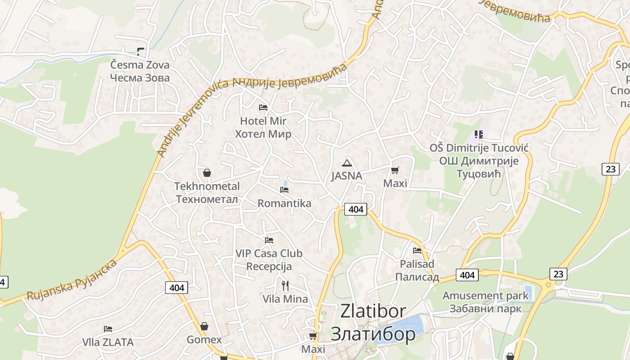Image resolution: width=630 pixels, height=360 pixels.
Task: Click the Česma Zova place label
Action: (x=140, y=71)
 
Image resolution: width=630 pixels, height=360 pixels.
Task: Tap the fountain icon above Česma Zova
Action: (x=141, y=52)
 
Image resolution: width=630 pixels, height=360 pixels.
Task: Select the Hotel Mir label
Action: (x=263, y=127)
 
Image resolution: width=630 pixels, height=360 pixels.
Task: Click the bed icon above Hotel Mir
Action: (x=263, y=107)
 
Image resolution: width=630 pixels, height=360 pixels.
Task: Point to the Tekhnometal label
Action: (x=207, y=193)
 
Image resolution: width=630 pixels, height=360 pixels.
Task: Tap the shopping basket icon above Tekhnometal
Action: (x=207, y=172)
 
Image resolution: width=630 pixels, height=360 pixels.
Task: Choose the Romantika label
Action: (x=284, y=203)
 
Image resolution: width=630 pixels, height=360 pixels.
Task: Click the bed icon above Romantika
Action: (x=284, y=189)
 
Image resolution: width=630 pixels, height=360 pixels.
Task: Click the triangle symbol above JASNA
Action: (x=346, y=163)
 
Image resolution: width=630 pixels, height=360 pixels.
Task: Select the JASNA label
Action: (x=346, y=176)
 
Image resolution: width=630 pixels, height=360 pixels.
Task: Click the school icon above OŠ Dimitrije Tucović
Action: (x=479, y=134)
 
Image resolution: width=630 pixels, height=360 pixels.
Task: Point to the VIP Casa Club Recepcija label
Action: (x=269, y=260)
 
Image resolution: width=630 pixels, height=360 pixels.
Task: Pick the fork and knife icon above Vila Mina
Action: (x=285, y=285)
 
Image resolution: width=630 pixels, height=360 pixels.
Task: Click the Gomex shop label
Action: (x=204, y=340)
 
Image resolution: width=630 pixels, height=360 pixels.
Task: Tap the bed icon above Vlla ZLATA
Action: (x=108, y=329)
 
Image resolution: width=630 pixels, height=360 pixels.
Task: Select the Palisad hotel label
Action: (x=417, y=270)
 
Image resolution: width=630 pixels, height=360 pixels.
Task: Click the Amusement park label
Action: (x=486, y=302)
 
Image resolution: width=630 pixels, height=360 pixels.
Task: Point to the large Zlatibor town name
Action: (x=373, y=322)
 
